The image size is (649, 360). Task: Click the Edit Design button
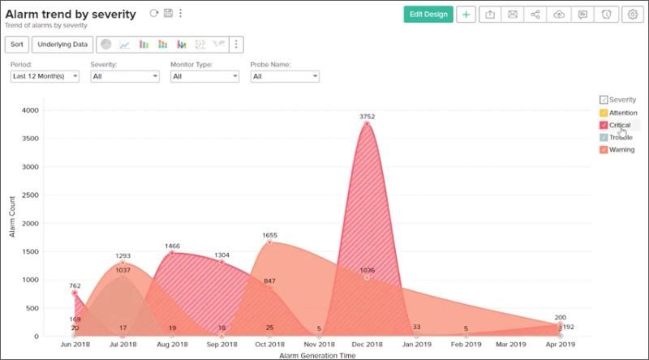[428, 15]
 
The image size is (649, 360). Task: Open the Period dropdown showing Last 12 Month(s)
[45, 76]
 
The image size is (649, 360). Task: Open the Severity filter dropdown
[124, 76]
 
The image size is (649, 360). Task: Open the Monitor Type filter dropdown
[204, 76]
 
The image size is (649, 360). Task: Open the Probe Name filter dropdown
[284, 76]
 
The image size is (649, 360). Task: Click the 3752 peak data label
[367, 116]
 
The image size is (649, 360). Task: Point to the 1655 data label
[270, 235]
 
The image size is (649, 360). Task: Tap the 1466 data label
[172, 245]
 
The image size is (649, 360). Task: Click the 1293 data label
[122, 255]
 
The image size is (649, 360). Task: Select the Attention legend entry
[622, 113]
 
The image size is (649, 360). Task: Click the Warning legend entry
[621, 149]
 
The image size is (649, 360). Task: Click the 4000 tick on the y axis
[30, 109]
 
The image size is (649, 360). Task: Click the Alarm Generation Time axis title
[317, 355]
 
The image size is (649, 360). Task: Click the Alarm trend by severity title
[71, 14]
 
